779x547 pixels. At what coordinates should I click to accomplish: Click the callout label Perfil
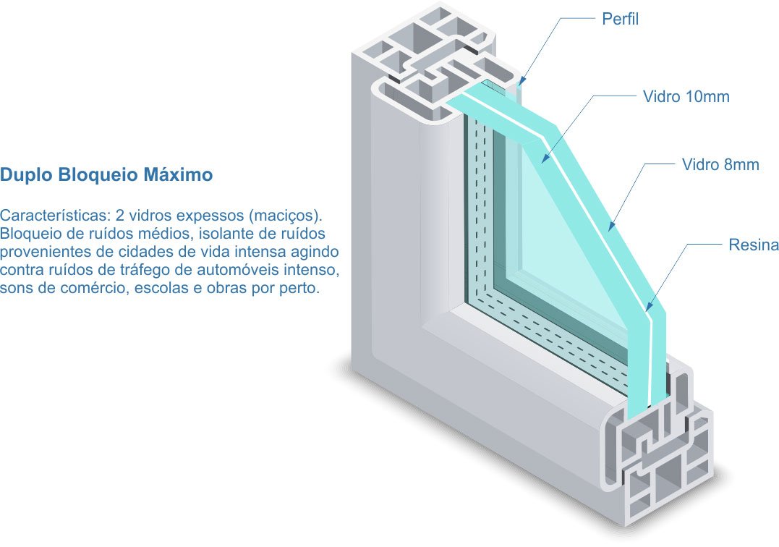pyautogui.click(x=621, y=19)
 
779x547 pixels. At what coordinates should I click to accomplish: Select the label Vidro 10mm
pyautogui.click(x=686, y=97)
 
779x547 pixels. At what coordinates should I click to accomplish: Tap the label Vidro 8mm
pyautogui.click(x=720, y=165)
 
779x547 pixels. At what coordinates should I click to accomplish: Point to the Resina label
pyautogui.click(x=753, y=245)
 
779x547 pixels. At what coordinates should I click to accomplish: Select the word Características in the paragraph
pyautogui.click(x=55, y=216)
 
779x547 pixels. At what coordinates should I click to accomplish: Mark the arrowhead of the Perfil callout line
pyautogui.click(x=519, y=86)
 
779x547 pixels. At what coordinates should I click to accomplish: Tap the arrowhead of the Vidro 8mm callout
pyautogui.click(x=610, y=231)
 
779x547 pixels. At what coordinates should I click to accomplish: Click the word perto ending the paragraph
pyautogui.click(x=300, y=289)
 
